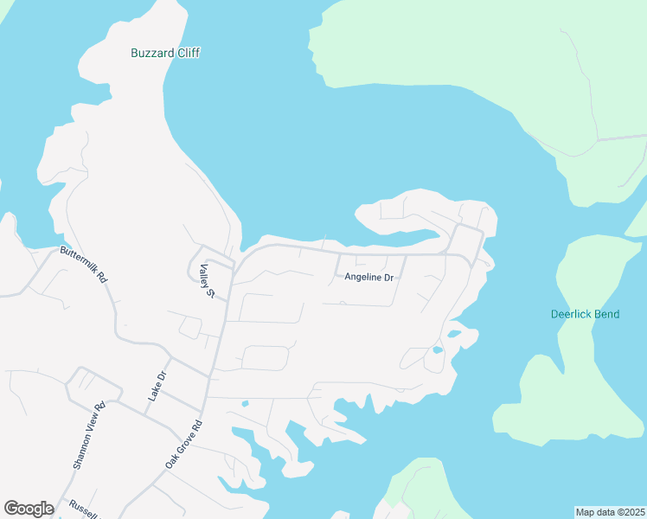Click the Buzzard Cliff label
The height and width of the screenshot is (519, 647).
click(165, 53)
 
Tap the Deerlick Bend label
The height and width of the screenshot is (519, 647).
click(585, 314)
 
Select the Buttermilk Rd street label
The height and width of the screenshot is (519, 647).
click(83, 266)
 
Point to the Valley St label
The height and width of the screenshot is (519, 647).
click(207, 281)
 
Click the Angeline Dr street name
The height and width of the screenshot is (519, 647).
click(369, 278)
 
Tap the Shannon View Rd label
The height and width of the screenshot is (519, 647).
click(88, 435)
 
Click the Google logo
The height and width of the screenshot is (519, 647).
click(29, 509)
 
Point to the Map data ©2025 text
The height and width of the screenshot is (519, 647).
click(610, 512)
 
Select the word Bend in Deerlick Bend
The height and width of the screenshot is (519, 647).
click(606, 314)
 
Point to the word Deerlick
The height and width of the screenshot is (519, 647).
click(571, 314)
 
